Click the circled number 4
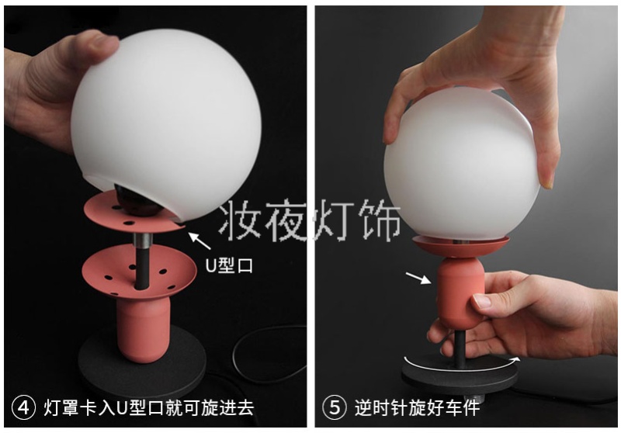[x=24, y=407]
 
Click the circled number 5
[x=335, y=407]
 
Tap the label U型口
[x=229, y=265]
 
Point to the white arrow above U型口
[x=199, y=241]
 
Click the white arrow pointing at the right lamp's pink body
[x=418, y=278]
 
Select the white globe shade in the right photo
[x=461, y=163]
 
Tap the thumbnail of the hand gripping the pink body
[x=482, y=302]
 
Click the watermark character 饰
[x=380, y=220]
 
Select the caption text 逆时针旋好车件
[x=417, y=407]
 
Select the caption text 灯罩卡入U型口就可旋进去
[x=149, y=407]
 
